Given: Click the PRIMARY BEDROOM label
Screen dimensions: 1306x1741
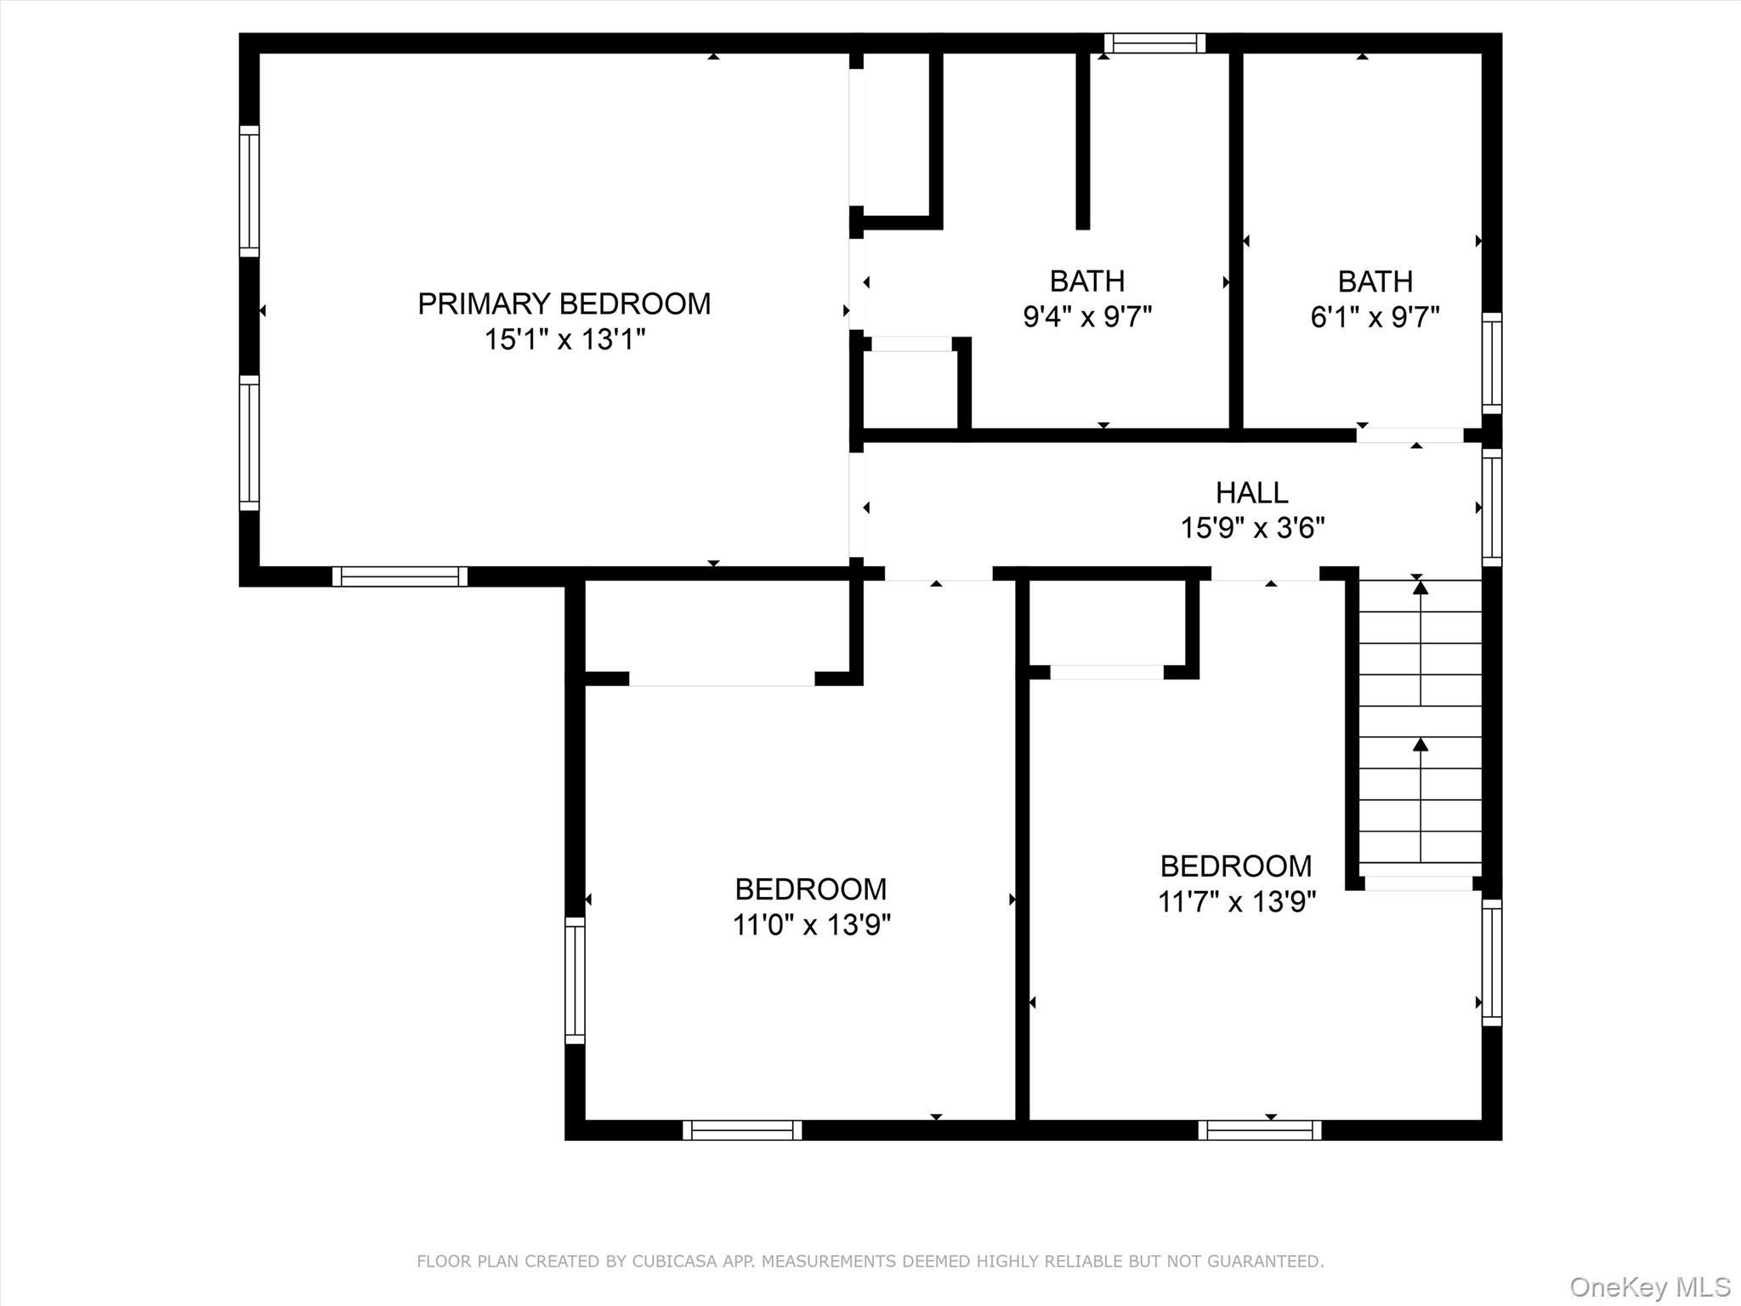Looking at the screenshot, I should tap(564, 304).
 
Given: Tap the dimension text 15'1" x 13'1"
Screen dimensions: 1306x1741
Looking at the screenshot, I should tap(564, 340).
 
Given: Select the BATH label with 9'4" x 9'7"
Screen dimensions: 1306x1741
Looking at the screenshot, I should tap(1086, 281).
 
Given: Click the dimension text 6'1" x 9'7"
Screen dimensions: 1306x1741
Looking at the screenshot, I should tap(1375, 318).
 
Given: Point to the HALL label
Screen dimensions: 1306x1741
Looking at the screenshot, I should tap(1251, 492).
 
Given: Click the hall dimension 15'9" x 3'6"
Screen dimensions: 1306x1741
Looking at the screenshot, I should tap(1252, 528).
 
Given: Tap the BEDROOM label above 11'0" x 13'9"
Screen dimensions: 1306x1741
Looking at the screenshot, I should tap(810, 889).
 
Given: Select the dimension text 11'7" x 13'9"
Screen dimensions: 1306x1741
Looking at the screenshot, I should tap(1236, 901).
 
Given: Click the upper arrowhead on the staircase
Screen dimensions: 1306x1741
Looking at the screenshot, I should tap(1421, 588).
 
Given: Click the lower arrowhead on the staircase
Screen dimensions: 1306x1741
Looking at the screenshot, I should tap(1421, 745).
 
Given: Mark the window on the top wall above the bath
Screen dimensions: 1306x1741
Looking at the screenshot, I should tap(1154, 43).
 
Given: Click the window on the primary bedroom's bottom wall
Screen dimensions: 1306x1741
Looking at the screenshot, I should tap(400, 576).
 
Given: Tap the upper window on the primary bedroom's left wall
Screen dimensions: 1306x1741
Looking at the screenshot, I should tap(248, 191).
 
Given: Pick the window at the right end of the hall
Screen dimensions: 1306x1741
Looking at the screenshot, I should tap(1492, 508).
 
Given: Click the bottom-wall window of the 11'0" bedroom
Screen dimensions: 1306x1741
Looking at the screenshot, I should tap(742, 1130).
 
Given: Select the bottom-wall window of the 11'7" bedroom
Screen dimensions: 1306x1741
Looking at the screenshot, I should tap(1259, 1130).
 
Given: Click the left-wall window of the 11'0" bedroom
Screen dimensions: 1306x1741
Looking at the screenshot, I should tap(576, 980).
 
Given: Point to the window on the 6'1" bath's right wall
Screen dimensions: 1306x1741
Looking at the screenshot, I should tap(1492, 363).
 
